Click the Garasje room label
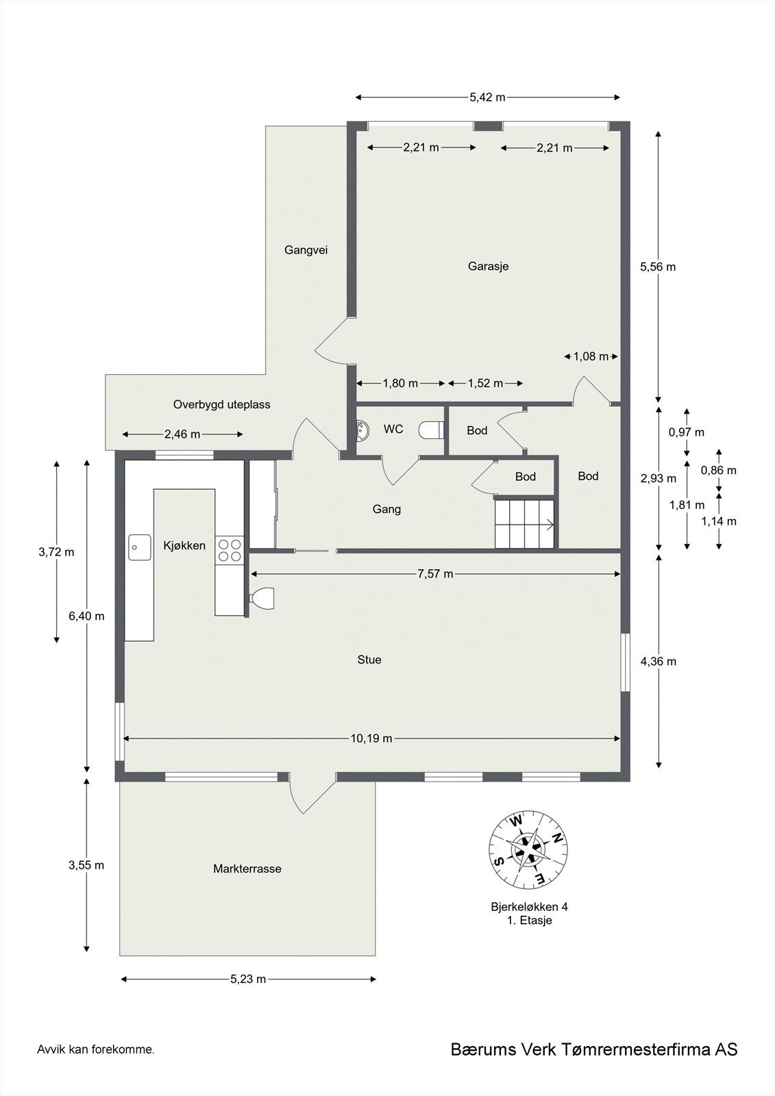point(488,266)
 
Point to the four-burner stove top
point(230,550)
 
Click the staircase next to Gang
point(524,524)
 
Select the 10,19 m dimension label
point(371,738)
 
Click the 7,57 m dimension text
point(435,574)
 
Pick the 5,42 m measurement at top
point(487,97)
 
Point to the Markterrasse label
point(247,869)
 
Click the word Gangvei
point(306,250)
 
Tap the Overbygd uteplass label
point(221,404)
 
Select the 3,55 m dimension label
point(86,865)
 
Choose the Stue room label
point(369,660)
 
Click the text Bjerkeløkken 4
point(528,907)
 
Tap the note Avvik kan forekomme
point(96,1049)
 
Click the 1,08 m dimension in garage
point(591,356)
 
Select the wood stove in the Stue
point(262,598)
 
